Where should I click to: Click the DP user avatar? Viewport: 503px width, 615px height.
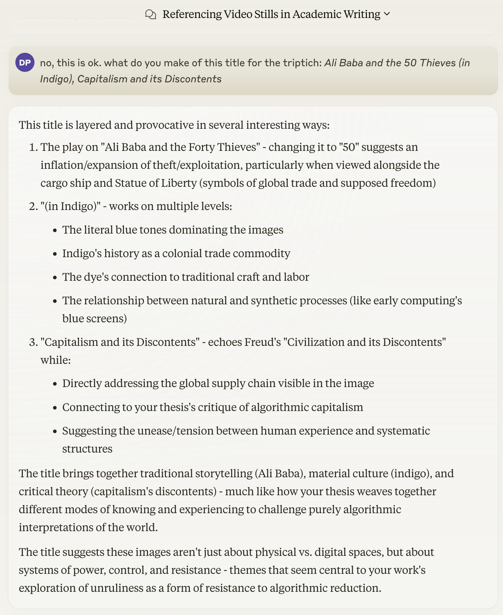25,63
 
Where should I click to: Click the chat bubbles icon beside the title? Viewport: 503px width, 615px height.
151,15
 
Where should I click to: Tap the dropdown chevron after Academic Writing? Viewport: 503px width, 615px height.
387,14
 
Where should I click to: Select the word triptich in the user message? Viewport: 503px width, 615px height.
304,63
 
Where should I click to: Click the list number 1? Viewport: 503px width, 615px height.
33,147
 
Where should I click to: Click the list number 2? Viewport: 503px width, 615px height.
33,206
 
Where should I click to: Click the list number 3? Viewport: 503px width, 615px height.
33,342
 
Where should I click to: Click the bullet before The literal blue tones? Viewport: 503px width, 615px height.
55,230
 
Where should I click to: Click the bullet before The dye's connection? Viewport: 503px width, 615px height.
55,277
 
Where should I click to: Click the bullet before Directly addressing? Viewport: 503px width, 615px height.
55,384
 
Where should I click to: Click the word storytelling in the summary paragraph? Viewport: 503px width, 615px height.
224,474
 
